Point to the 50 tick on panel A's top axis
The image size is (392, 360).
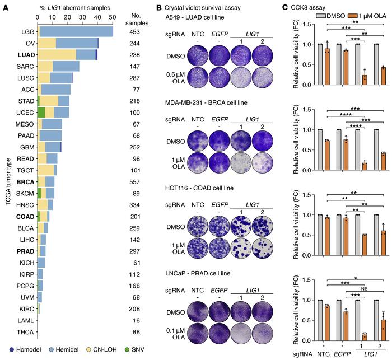[x=112, y=17]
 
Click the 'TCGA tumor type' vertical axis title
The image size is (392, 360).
[x=7, y=181]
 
